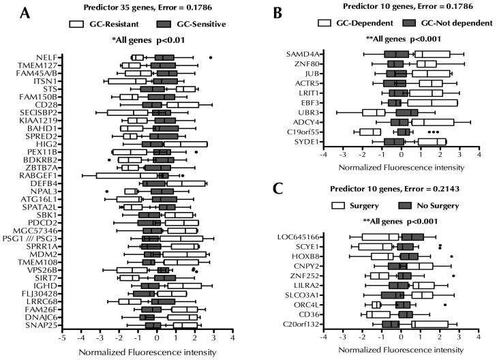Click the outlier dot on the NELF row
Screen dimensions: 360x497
(211, 57)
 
